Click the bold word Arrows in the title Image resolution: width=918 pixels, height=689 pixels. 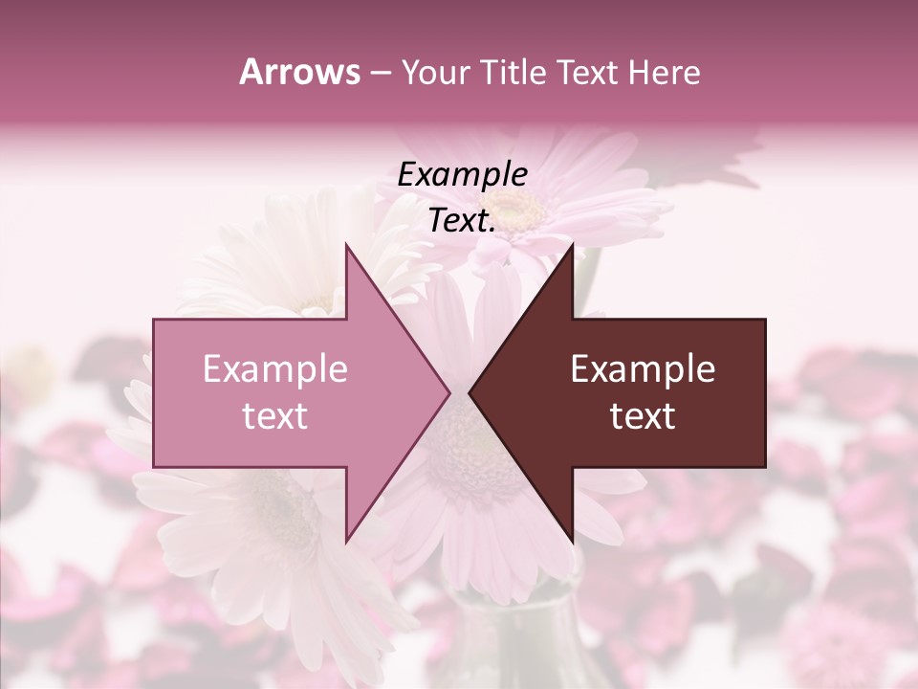coord(298,72)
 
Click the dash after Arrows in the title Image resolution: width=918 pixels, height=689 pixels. coord(379,73)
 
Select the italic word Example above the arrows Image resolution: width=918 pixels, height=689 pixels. coord(462,174)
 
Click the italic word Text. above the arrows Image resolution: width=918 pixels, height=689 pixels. coord(462,221)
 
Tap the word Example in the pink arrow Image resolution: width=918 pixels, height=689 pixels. coord(275,369)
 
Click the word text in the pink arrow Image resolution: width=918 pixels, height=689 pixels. coord(275,416)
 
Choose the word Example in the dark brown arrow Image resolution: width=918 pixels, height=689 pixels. coord(643,369)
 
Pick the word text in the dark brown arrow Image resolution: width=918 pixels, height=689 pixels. coord(643,416)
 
